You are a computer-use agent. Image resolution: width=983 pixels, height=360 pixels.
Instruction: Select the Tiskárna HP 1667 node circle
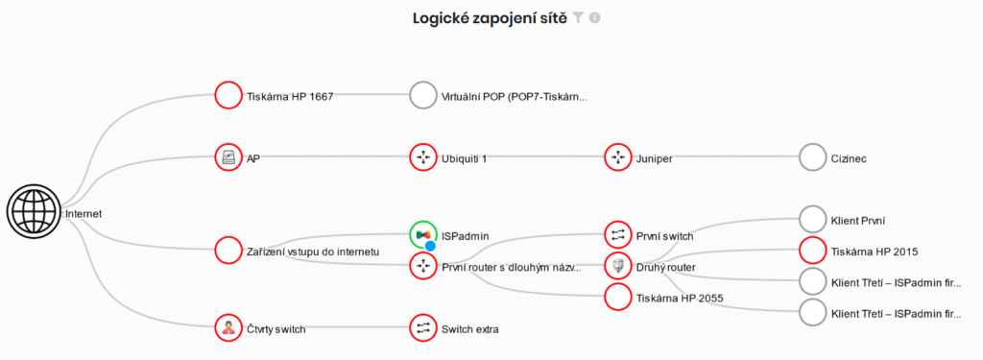point(228,95)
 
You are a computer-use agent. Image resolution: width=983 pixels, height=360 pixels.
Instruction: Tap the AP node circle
point(228,157)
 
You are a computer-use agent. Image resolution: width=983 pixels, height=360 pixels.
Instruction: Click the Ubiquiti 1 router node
point(422,157)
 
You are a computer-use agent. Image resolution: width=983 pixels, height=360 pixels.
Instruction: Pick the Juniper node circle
point(618,157)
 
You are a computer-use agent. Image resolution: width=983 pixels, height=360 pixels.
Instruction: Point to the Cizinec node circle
point(812,157)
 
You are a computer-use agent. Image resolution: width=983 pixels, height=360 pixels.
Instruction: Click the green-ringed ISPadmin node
point(422,234)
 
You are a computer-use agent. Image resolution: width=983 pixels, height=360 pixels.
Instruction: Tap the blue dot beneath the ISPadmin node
point(431,247)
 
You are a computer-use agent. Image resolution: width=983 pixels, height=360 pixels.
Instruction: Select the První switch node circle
point(618,234)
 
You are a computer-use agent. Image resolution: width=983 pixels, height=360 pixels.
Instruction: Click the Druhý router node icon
point(618,266)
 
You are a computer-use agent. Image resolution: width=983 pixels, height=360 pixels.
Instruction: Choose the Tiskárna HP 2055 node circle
point(618,298)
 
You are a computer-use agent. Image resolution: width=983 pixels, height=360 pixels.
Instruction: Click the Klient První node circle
point(812,219)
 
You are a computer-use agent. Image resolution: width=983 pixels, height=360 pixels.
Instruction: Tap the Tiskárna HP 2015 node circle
point(812,251)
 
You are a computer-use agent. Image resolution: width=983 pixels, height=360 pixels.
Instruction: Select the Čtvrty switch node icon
point(228,328)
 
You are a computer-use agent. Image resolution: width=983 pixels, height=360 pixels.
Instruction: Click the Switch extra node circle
point(422,328)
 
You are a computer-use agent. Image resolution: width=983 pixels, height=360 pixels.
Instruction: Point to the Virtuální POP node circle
point(422,95)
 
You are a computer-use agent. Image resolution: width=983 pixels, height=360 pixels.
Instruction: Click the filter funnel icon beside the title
point(578,17)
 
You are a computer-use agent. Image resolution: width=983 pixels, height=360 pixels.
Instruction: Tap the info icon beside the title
point(594,17)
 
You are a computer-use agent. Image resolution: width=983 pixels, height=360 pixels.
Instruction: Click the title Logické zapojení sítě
point(490,17)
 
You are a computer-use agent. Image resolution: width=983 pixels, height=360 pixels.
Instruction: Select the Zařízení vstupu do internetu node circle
point(228,251)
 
